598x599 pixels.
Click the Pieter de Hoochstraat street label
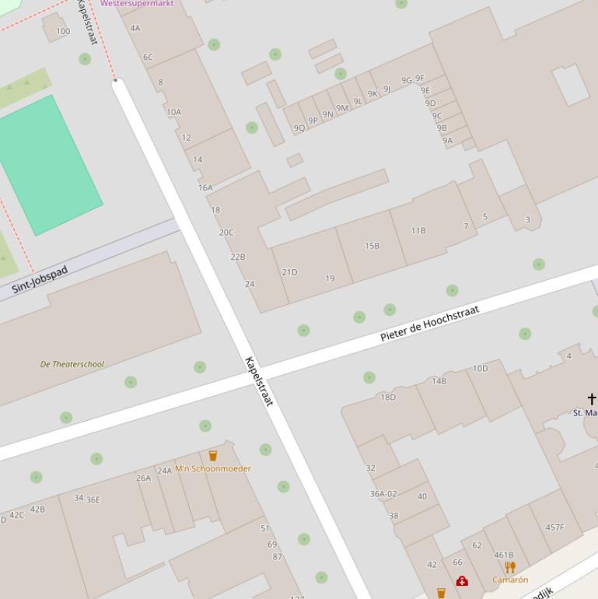[429, 324]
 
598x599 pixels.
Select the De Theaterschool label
[72, 364]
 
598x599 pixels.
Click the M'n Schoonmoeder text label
[212, 468]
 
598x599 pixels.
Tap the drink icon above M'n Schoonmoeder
[213, 455]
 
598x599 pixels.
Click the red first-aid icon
[462, 580]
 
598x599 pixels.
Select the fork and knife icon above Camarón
[510, 567]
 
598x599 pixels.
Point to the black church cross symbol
[591, 399]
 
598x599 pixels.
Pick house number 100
[62, 31]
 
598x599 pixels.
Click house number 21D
[289, 272]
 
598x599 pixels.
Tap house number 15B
[372, 246]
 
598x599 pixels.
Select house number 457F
[554, 527]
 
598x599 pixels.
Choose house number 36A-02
[383, 494]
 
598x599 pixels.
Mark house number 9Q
[299, 128]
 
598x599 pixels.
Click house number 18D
[387, 397]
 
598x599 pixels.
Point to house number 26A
[144, 478]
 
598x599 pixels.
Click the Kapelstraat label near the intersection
[259, 381]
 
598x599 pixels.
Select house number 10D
[480, 369]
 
